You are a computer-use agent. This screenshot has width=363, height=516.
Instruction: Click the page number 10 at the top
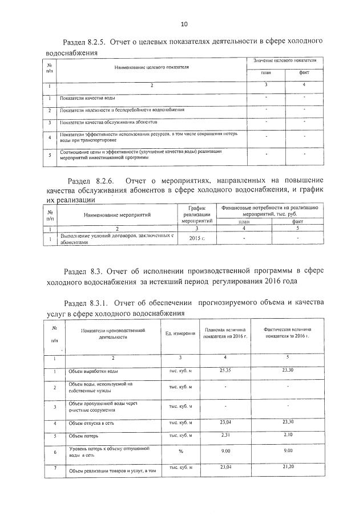pos(183,24)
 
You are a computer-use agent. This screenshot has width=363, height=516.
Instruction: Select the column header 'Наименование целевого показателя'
pos(151,67)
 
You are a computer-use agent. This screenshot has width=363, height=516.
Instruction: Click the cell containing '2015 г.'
pos(196,239)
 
